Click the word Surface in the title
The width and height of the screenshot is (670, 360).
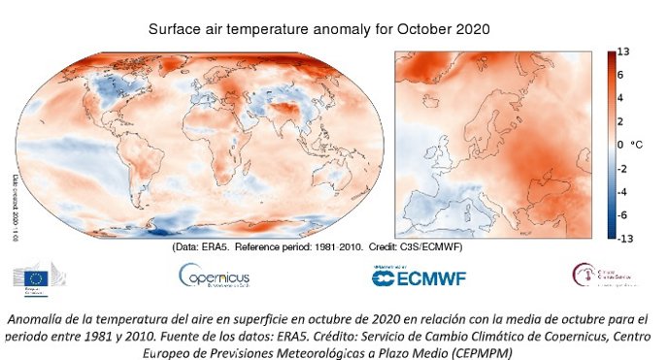click(x=175, y=29)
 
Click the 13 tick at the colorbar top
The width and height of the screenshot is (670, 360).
click(x=625, y=50)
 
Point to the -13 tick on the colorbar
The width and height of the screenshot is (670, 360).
click(x=626, y=236)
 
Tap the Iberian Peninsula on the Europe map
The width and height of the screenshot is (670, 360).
click(x=427, y=209)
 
